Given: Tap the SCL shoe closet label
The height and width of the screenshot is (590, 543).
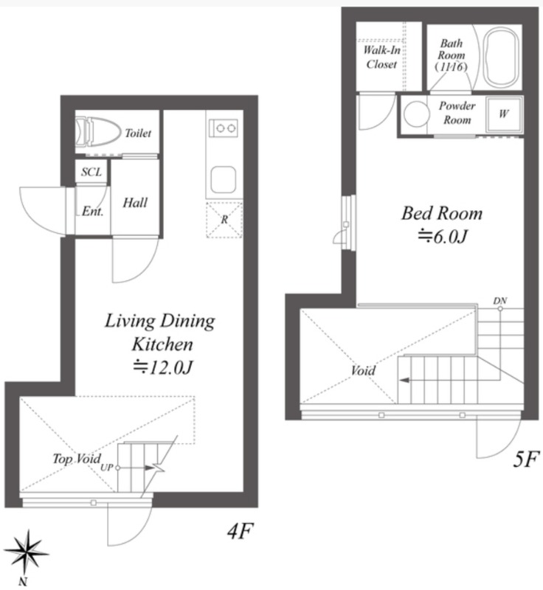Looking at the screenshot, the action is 91,172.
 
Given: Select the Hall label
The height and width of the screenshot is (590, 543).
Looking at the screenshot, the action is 135,203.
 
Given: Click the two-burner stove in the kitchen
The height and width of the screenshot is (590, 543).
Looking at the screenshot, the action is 224,128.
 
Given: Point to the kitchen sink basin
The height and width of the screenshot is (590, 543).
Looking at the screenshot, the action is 224,180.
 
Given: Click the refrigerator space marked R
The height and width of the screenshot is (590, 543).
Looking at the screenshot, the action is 224,220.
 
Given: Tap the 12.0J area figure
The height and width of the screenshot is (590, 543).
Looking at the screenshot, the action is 163,367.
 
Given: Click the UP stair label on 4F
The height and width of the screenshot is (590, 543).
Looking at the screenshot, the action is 106,468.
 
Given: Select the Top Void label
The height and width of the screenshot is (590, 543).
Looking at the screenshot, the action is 77,458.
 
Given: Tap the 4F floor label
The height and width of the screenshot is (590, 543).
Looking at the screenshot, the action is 240,531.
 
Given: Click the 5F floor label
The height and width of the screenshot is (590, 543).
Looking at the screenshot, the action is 526,459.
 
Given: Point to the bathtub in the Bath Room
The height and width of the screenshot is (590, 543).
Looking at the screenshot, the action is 501,57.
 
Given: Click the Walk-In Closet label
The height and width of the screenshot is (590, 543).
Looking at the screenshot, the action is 381,57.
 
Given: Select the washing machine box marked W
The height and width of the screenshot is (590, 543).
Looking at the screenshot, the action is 504,114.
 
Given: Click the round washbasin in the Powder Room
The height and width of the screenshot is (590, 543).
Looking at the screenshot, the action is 416,114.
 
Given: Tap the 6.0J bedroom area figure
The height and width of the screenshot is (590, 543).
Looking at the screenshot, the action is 443,237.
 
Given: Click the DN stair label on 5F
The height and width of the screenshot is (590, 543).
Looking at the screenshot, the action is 500,301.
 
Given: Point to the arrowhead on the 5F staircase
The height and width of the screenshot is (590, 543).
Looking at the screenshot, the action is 404,381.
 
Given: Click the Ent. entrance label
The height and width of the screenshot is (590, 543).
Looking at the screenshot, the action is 92,211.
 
